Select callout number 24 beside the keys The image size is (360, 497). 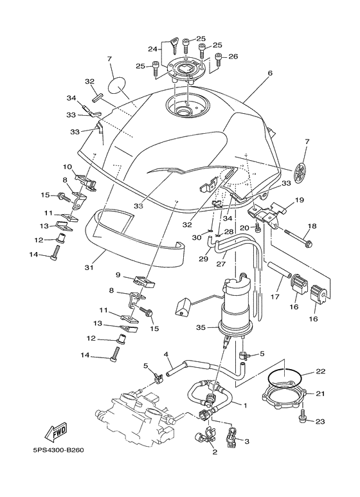point(152,49)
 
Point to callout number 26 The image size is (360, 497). point(233,57)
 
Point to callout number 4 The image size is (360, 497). point(166,355)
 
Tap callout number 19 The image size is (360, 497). point(299,201)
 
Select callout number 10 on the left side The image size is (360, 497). point(67,167)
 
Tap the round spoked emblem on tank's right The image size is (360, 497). point(300,172)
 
